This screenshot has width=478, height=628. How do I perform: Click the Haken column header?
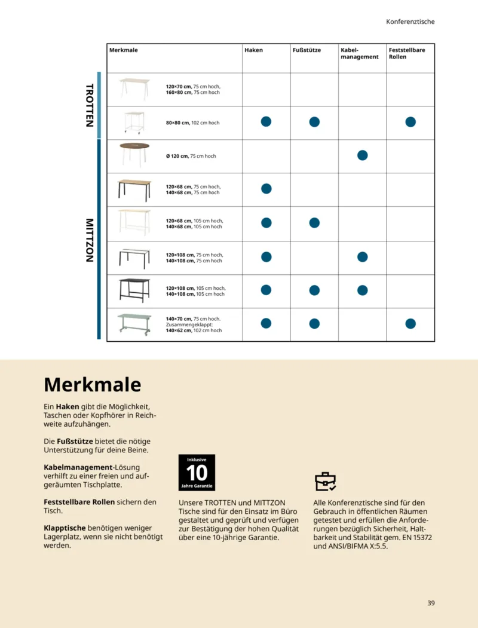click(253, 50)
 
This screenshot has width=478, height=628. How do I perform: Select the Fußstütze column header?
click(307, 50)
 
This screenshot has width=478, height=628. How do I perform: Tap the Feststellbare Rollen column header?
click(407, 53)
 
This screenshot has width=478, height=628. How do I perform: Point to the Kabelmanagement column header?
click(359, 53)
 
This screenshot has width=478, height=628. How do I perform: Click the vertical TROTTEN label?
click(90, 105)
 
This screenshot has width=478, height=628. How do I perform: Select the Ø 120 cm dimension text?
click(191, 156)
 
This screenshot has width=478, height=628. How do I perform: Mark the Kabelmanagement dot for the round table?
click(362, 155)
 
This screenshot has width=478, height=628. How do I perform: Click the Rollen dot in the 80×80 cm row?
click(410, 122)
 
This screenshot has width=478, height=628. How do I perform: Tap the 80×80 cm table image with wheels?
click(134, 122)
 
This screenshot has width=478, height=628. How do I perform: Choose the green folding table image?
click(134, 323)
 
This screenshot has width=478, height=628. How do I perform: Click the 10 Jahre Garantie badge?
click(197, 473)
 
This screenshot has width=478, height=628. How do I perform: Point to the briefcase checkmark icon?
click(325, 481)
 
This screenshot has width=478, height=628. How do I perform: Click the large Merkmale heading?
click(93, 384)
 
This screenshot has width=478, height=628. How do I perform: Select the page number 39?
click(431, 603)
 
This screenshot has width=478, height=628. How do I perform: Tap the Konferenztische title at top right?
click(410, 22)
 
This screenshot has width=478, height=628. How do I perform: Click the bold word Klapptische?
click(65, 528)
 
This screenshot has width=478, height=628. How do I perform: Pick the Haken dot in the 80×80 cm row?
click(266, 122)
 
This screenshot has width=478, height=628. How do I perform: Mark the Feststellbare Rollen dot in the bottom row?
click(410, 324)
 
